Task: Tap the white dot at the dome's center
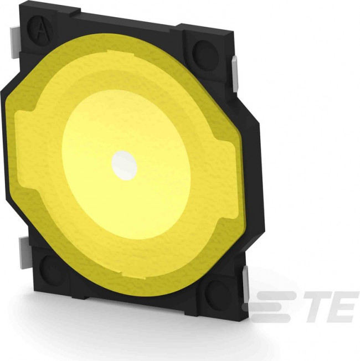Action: coord(124,163)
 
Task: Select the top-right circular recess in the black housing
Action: coord(205,54)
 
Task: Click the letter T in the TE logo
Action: coord(315,306)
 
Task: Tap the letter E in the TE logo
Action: coord(342,306)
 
